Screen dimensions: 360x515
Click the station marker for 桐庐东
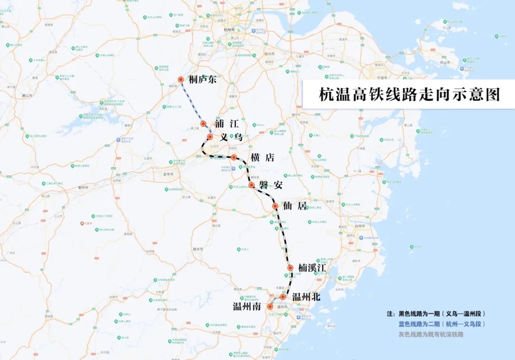(x=181, y=80)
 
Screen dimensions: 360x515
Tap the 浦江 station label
(x=226, y=123)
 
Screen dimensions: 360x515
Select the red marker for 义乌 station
(x=209, y=137)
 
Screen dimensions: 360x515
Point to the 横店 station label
(x=262, y=158)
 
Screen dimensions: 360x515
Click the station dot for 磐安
(x=252, y=185)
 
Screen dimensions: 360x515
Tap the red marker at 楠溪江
(x=290, y=268)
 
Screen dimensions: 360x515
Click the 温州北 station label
(x=306, y=297)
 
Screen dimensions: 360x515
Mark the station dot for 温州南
(x=270, y=307)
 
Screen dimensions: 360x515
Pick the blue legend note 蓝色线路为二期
(x=442, y=324)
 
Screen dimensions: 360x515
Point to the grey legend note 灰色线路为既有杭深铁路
(x=431, y=334)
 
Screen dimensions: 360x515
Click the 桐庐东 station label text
(x=203, y=80)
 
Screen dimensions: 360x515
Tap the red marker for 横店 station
(x=234, y=157)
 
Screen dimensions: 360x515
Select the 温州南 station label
(x=247, y=307)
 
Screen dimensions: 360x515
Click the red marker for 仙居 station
(x=275, y=206)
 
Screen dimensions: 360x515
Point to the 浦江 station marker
(x=203, y=123)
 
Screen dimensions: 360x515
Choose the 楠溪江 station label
(x=312, y=268)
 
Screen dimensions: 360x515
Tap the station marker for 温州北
(x=283, y=297)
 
